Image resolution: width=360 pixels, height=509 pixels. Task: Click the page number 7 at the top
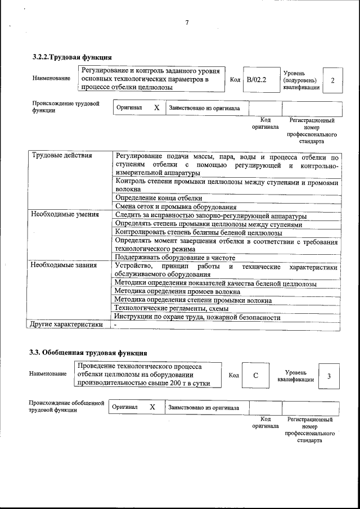pos(187,22)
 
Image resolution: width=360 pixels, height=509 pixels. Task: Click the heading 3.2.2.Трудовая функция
pos(72,57)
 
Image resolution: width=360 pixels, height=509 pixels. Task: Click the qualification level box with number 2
pos(332,80)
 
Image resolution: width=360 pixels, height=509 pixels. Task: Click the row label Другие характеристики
pos(66,324)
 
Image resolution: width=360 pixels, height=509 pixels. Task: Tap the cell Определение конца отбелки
pos(158,198)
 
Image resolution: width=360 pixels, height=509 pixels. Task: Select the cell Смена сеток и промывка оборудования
pos(175,206)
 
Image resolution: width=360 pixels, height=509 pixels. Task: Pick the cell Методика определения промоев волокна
pos(177,291)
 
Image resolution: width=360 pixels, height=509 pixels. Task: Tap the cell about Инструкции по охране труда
pos(197,317)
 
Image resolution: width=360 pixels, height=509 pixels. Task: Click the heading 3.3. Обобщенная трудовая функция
pos(88,353)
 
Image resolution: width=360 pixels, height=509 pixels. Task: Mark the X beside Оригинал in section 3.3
pos(152,407)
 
